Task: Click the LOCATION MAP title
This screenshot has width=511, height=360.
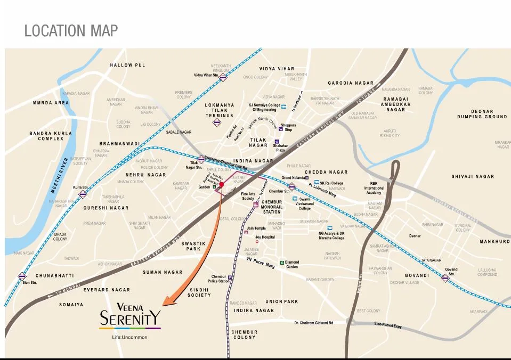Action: coord(71,30)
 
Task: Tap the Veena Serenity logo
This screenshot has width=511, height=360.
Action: coord(130,317)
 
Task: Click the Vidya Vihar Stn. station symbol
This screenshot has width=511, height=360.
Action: coord(223,77)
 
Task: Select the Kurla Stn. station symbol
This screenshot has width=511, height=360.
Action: coord(83,194)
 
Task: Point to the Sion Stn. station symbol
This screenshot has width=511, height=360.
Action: coord(22,276)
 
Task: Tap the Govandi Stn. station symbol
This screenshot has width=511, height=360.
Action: coord(445,278)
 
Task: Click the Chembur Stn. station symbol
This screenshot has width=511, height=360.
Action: coord(292,187)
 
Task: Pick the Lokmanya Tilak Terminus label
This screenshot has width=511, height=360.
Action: coord(220,110)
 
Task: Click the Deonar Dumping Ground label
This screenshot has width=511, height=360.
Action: coord(482,114)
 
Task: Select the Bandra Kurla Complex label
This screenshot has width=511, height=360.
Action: coord(46,136)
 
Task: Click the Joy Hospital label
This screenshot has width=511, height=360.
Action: coord(265,236)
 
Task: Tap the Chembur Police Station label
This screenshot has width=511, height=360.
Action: coord(219,279)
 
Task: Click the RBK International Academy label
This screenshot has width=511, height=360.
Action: coord(374,188)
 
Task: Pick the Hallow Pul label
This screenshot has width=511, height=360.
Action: coord(127,65)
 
